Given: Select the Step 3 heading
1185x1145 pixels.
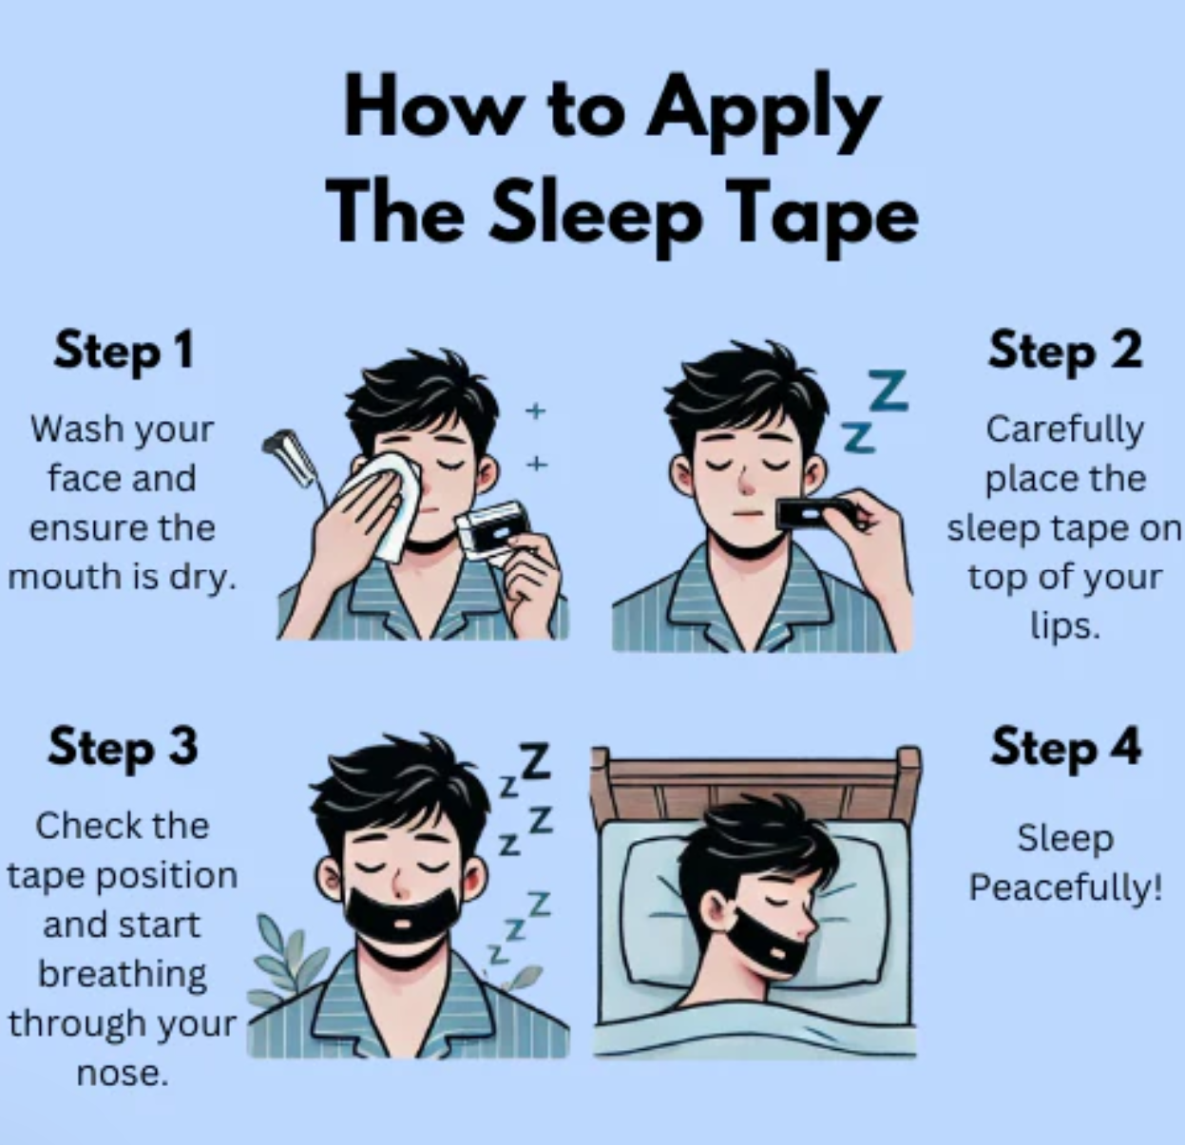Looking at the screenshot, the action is [123, 747].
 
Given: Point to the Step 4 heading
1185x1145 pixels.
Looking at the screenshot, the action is [1065, 747].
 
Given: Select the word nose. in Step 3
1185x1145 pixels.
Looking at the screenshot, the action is [122, 1073].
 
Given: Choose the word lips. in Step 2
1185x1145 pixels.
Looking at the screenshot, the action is [1065, 625].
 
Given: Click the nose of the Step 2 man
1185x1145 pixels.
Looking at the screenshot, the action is [745, 483].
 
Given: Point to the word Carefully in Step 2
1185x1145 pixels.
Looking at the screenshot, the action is [1065, 430].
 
